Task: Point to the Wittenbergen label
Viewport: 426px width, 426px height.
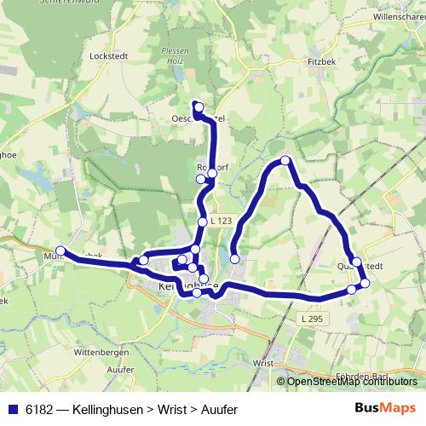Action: (x=101, y=350)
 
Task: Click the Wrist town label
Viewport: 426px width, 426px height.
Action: (x=262, y=362)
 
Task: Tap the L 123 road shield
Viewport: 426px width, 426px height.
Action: (x=221, y=222)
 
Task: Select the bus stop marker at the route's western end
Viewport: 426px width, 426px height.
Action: (x=60, y=251)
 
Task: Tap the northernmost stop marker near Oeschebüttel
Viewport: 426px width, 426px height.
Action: (x=198, y=106)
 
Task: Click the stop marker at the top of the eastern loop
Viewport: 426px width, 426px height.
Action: (x=285, y=160)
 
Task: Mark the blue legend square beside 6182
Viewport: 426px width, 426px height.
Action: (x=12, y=408)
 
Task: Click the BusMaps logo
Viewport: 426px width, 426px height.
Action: (x=384, y=407)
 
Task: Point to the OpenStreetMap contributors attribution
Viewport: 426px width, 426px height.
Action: (x=352, y=382)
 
